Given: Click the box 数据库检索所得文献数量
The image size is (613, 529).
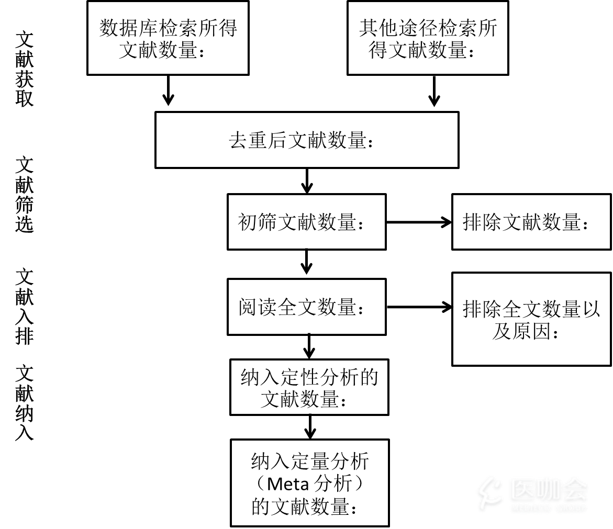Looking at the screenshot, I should (168, 38).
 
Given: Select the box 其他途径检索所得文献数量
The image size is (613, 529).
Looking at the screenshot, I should (428, 38).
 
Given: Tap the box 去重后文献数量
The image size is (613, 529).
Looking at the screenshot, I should (307, 140).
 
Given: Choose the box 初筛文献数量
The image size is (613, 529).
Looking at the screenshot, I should (306, 222).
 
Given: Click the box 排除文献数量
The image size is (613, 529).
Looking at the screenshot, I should (531, 222).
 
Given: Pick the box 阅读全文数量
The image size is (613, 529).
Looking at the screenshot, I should (306, 307).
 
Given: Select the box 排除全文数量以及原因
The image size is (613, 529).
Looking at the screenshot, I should (531, 319).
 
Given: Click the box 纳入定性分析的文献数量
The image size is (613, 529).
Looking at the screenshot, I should (309, 387).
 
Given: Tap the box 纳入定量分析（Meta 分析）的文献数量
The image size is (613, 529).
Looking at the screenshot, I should (309, 482).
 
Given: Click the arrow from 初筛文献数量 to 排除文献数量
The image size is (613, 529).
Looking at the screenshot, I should (419, 222).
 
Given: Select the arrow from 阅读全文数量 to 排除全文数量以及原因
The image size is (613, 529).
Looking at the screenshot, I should (419, 307).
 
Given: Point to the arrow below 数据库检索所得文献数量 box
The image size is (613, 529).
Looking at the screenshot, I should (168, 91).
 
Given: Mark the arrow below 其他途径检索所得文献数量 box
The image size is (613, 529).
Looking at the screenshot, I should (434, 91).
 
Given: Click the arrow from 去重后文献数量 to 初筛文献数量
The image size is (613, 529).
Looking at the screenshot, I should (307, 181).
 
